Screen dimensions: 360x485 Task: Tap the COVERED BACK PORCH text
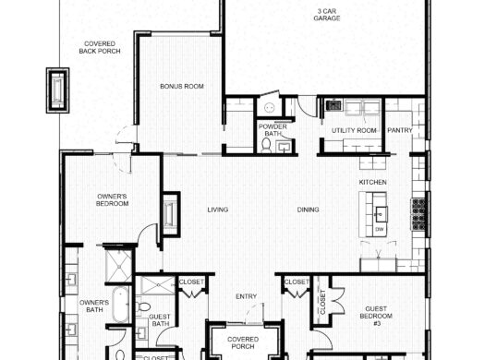99,47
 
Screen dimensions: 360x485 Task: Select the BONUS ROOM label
181,87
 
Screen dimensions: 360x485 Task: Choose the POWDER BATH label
272,130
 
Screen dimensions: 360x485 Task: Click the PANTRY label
399,131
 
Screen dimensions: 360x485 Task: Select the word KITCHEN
372,183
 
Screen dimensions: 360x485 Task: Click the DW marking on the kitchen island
380,227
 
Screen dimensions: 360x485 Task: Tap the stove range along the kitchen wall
418,214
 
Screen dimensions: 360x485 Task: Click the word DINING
309,210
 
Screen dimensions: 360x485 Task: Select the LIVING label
217,210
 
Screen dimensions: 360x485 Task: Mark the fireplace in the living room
171,211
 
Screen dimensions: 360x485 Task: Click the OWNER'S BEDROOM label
113,199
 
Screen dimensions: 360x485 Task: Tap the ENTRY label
246,296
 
